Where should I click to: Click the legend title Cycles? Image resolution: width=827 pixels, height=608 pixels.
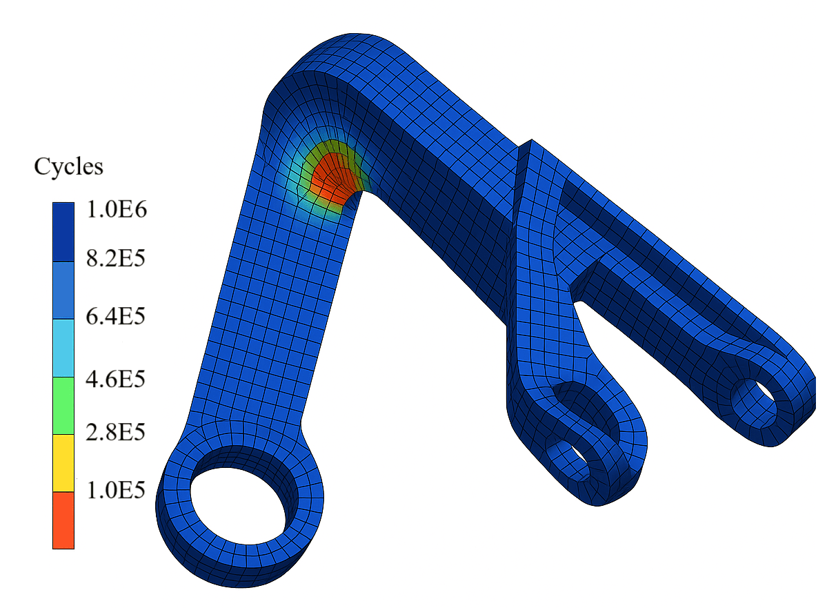tap(68, 167)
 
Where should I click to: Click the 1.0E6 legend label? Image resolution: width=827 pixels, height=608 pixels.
tap(117, 210)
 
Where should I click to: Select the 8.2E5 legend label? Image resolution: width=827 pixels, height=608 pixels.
tap(115, 258)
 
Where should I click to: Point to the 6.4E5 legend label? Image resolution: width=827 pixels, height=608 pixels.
tap(115, 316)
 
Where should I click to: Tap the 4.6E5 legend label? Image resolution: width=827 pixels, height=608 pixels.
tap(115, 379)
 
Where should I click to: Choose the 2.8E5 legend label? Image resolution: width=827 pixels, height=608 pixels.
tap(115, 432)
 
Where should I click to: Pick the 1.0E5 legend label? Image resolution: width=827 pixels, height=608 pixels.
tap(115, 490)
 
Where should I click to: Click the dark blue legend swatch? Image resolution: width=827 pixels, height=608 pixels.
tap(63, 232)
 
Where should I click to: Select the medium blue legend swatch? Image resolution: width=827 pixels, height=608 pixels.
tap(63, 290)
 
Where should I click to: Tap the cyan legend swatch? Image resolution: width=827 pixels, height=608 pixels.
tap(63, 348)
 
